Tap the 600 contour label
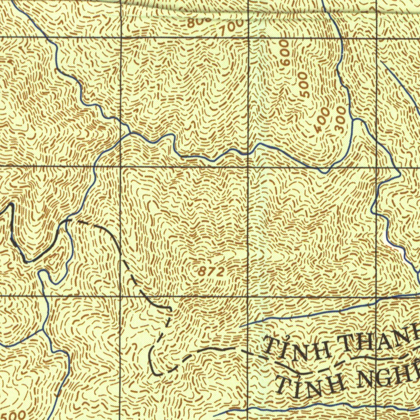pos(285,52)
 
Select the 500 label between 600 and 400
pos(304,84)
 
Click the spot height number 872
pos(212,271)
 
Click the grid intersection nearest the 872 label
pos(248,296)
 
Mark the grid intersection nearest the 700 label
pos(248,38)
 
